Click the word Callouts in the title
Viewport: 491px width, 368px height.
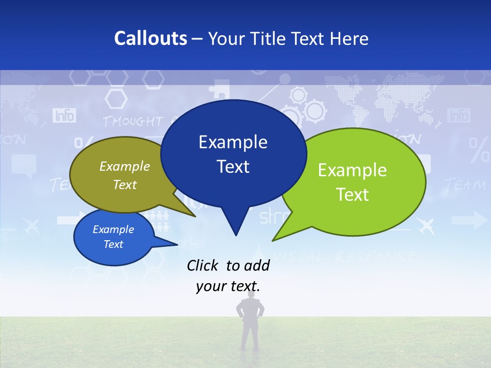point(150,38)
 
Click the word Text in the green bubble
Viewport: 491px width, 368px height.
point(353,194)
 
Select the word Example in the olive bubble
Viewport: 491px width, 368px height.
point(125,167)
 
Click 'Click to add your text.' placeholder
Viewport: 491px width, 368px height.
point(228,276)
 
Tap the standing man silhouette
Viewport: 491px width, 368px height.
point(250,322)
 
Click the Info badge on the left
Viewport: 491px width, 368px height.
point(64,116)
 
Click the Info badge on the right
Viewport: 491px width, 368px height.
point(458,116)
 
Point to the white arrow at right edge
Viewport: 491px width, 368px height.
point(470,221)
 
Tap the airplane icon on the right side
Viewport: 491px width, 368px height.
point(426,225)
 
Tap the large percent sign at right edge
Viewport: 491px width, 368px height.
point(480,150)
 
